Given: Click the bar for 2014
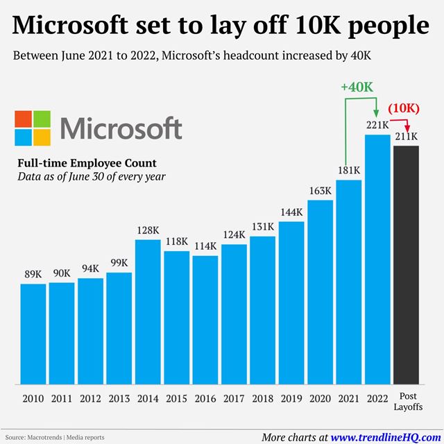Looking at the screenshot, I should point(148,311).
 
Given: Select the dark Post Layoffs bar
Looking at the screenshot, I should point(406,264).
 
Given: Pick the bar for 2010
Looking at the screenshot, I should point(33,334).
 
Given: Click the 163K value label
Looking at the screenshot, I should point(320,191).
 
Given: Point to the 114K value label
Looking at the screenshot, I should point(205,246).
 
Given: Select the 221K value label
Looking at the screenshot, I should point(377,126).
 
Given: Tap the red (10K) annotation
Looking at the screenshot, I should point(404,108).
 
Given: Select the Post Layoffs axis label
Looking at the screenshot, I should point(406,402).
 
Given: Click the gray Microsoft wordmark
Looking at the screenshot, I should point(121,128).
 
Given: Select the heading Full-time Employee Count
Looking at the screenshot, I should point(87,164).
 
